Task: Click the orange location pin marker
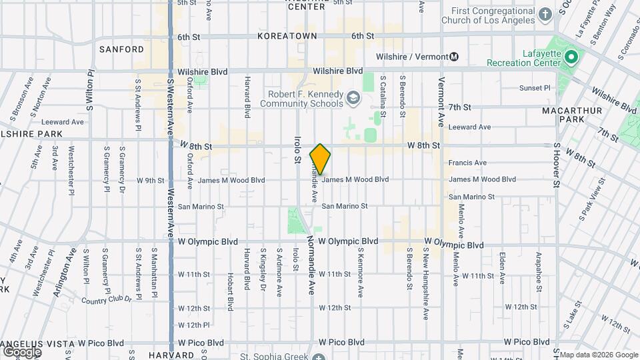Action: tap(321, 159)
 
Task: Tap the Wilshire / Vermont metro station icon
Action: tap(454, 57)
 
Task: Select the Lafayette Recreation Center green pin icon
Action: tap(570, 57)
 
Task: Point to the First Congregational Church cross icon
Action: tap(545, 15)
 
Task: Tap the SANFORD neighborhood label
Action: tap(121, 49)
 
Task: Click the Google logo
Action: tap(22, 351)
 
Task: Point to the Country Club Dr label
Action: tap(107, 299)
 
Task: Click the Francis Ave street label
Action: tap(467, 163)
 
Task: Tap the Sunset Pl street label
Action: tap(536, 88)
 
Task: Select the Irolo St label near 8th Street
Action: tap(297, 150)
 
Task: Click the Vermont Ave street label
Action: tap(441, 102)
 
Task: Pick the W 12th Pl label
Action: tap(194, 325)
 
